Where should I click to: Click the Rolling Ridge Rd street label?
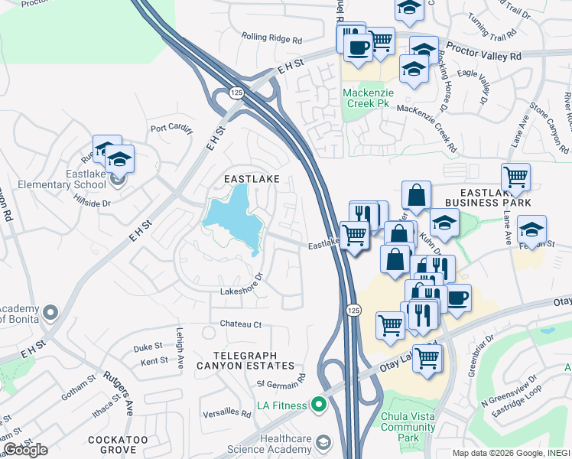[x=271, y=37]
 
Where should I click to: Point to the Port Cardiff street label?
[x=171, y=129]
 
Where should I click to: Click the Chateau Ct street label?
[x=241, y=324]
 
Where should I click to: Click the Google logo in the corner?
[x=25, y=449]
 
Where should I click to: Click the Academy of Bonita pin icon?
[x=50, y=312]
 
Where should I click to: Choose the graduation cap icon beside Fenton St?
[x=532, y=229]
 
